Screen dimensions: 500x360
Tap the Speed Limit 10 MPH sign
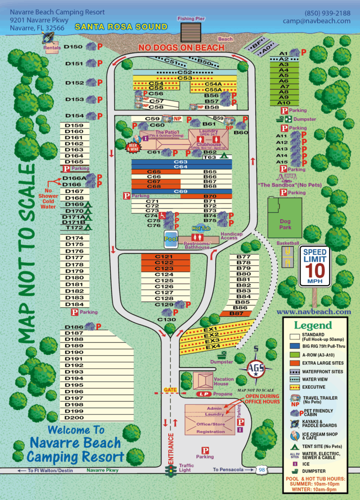315,266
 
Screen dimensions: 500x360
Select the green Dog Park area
284,218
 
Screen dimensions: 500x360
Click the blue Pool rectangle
171,240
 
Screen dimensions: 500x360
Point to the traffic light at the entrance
171,471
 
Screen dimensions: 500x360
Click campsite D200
74,417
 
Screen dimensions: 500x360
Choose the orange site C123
164,269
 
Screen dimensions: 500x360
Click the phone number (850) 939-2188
327,13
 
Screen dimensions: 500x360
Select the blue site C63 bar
180,162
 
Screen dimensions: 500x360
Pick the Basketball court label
287,243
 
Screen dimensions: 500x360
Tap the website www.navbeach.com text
314,312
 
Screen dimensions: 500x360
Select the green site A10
283,103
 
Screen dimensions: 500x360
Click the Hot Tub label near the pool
200,228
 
